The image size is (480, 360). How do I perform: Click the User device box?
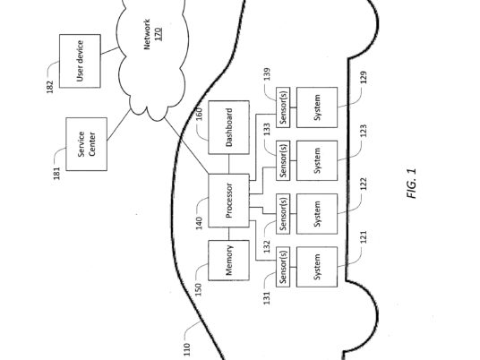80,61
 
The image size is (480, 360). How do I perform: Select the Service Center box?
87,144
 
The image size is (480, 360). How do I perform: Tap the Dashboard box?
228,127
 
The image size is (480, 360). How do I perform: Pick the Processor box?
228,201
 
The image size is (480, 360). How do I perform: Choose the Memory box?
228,261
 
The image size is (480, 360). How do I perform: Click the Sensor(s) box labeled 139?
283,107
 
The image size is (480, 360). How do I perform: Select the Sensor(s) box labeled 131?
283,267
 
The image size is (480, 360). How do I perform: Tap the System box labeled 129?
317,107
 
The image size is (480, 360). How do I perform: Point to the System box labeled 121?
317,267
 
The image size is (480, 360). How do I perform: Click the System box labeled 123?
317,160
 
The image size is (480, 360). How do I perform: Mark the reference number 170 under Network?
158,34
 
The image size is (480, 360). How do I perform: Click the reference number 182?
49,87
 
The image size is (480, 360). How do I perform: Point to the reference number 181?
56,173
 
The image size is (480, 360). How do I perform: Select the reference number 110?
187,350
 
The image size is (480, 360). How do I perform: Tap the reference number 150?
199,289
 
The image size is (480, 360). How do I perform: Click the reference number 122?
364,184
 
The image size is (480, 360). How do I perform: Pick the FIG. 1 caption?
412,184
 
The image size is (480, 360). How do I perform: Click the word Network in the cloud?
147,34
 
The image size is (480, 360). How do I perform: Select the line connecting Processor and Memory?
228,234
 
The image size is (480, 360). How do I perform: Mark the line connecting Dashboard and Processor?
228,164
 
